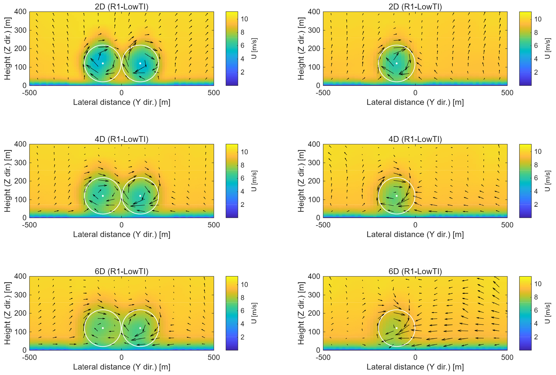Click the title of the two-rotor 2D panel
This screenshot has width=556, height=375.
click(121, 7)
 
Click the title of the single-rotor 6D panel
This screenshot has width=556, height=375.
click(415, 271)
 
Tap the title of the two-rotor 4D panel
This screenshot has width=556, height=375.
click(121, 139)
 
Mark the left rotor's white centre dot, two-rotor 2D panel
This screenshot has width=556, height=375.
click(103, 63)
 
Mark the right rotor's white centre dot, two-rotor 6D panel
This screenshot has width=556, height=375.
click(140, 328)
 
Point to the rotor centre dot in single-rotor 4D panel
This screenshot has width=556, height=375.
click(397, 196)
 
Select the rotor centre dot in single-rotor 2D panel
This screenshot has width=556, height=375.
click(397, 63)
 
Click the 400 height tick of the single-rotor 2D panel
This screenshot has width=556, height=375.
click(314, 12)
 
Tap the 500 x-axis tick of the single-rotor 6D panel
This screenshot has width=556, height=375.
click(507, 357)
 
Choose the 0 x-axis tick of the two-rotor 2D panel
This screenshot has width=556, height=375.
click(121, 93)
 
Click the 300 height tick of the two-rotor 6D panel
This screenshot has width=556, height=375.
click(20, 295)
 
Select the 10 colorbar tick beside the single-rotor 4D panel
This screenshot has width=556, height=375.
click(538, 151)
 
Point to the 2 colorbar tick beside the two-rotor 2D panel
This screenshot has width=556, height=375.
click(242, 72)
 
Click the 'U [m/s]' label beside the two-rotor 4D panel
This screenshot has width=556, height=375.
click(254, 181)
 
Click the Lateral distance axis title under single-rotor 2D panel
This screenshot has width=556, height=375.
click(415, 102)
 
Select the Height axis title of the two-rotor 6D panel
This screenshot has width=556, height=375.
click(7, 313)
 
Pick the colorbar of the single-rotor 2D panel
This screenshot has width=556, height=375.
click(525, 49)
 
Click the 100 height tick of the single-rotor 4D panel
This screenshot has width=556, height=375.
click(314, 200)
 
